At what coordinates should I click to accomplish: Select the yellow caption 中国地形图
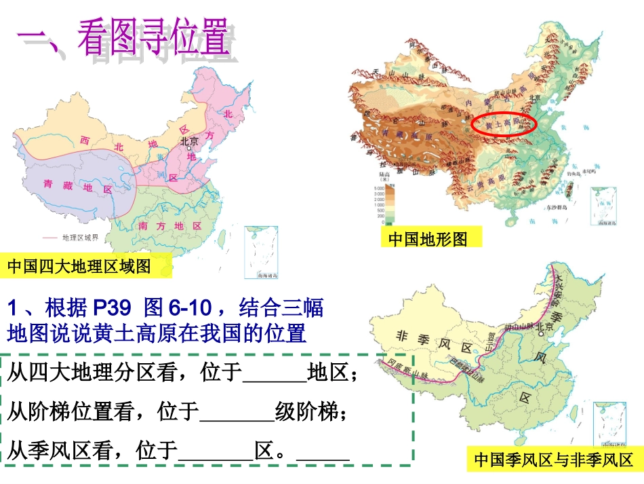[428, 239]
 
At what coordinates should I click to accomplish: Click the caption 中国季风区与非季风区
[552, 460]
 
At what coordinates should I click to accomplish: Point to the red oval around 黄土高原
[503, 123]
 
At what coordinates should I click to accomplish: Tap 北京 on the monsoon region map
[546, 327]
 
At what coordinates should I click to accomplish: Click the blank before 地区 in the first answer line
[274, 373]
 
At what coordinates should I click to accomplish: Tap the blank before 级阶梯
[237, 411]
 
